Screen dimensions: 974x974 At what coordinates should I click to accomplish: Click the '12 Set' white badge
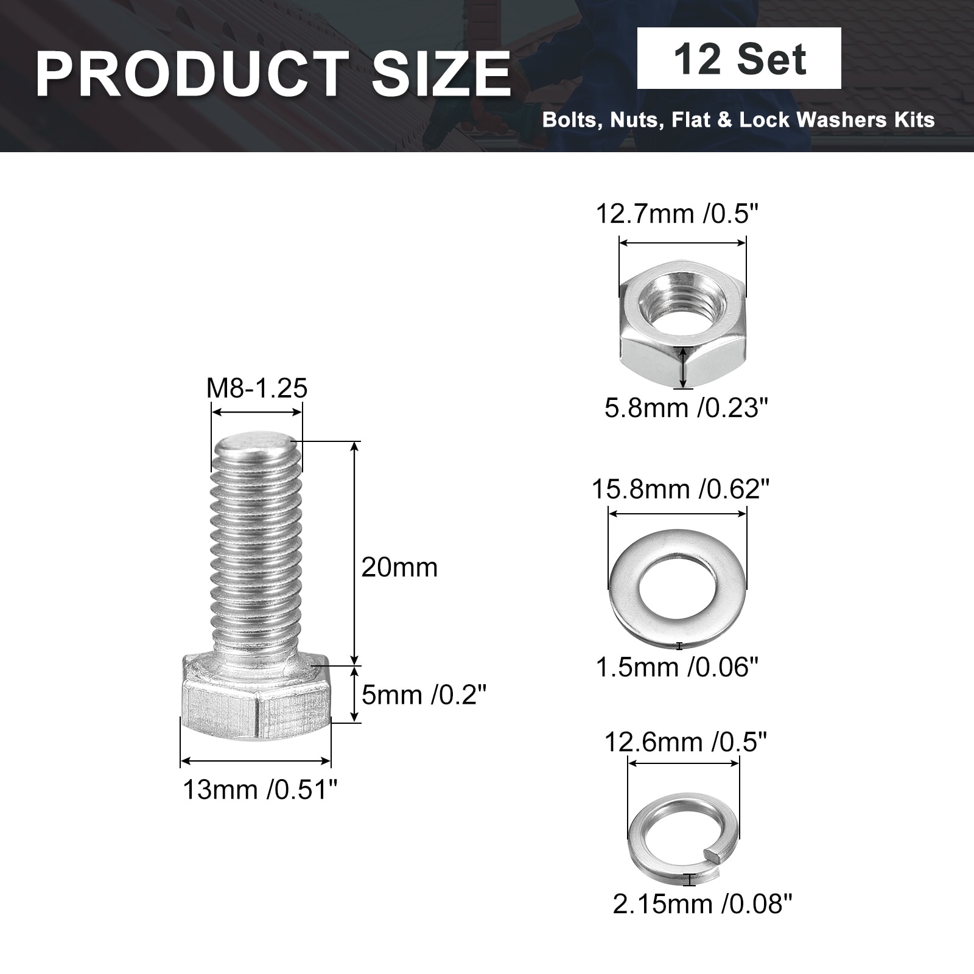pos(739,58)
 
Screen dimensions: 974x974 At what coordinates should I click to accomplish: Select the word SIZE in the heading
pos(441,74)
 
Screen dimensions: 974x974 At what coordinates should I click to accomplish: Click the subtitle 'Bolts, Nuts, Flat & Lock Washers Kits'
pos(738,119)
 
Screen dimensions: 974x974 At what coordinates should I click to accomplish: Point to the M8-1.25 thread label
pos(257,388)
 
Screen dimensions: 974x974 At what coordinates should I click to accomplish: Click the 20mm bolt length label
pos(399,567)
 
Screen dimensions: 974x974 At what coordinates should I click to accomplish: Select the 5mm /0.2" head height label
pos(424,695)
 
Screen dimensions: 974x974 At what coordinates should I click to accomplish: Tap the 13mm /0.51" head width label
pos(260,790)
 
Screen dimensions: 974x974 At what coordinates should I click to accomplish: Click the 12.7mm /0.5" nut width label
pos(678,214)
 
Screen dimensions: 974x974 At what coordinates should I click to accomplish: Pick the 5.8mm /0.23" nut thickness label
pos(687,407)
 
